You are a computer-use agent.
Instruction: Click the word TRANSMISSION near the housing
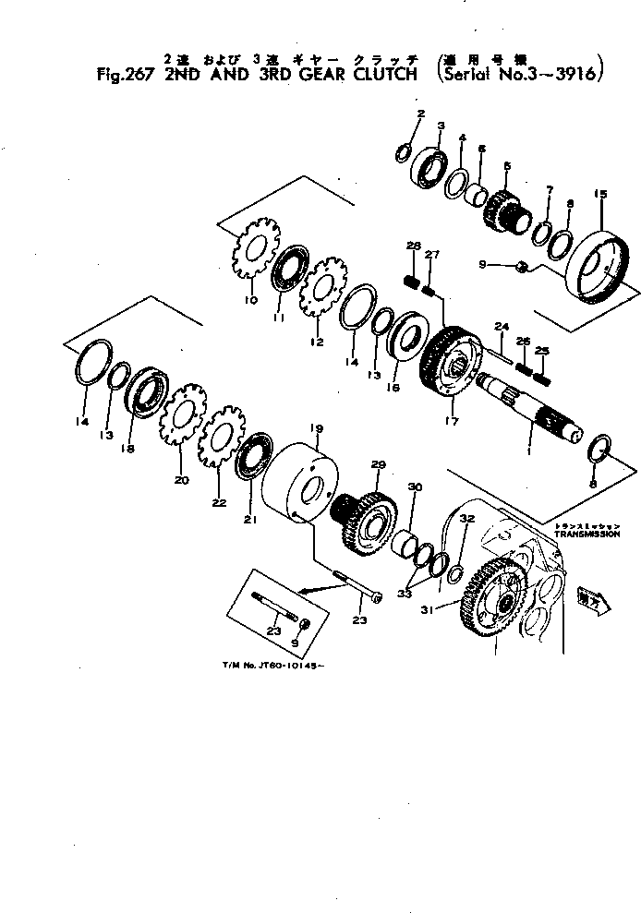pos(585,534)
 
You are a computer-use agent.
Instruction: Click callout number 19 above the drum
pos(315,428)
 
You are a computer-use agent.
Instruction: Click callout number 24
pos(502,326)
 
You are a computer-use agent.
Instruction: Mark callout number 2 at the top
pos(419,114)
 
